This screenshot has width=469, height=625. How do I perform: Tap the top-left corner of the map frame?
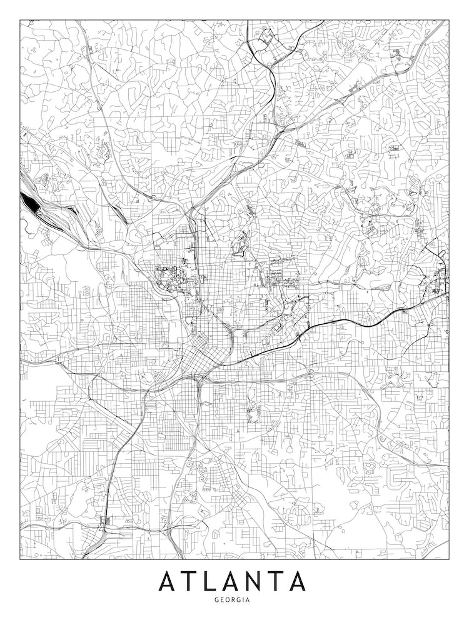coord(20,20)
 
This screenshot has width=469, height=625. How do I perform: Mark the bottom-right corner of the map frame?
coord(448,559)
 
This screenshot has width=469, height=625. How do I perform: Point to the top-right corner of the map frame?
coord(448,20)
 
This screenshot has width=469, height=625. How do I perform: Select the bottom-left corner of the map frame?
coord(20,559)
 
